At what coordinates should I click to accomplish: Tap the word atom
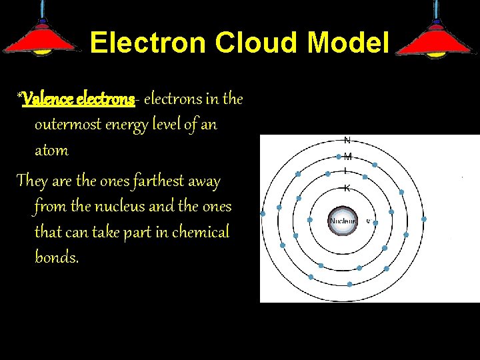(51, 150)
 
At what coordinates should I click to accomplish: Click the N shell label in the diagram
(347, 140)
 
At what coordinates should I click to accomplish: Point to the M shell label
(347, 157)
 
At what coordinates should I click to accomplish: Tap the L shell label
(346, 173)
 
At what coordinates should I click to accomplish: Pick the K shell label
(347, 188)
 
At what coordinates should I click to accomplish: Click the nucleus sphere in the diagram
(343, 220)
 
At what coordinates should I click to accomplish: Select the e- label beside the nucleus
(368, 220)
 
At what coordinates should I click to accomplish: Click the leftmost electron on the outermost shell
(263, 214)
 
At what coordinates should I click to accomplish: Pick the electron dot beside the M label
(339, 157)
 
